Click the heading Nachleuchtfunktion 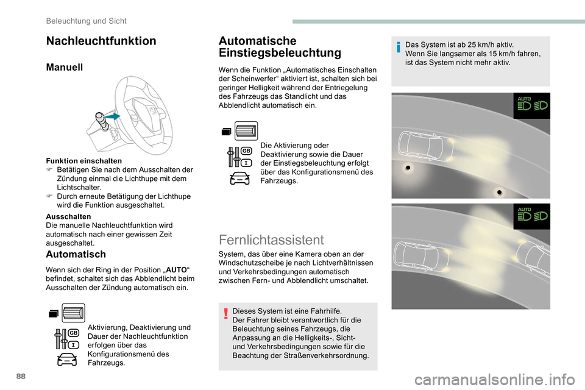[101, 41]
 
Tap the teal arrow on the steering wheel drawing [113, 115]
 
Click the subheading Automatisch [76, 254]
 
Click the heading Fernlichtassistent [272, 239]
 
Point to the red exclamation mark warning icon [225, 314]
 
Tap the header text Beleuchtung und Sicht [87, 21]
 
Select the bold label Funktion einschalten [84, 161]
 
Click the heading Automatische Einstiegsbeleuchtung [280, 47]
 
